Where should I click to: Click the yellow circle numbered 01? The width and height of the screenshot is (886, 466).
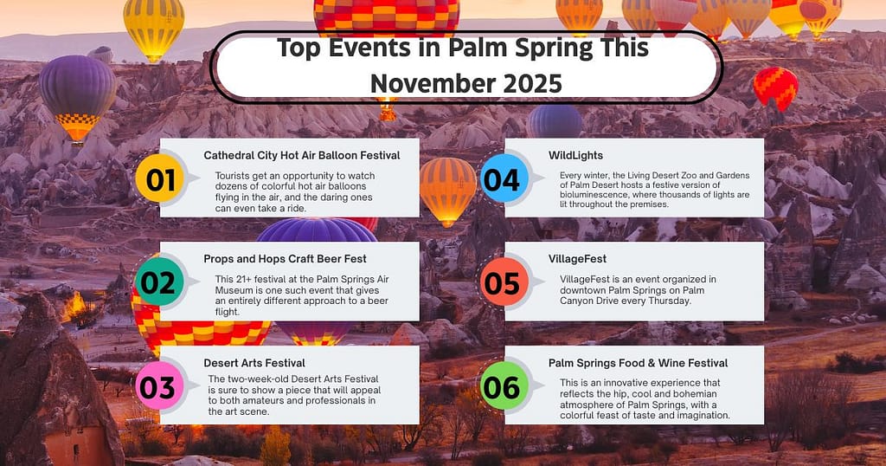coord(160,180)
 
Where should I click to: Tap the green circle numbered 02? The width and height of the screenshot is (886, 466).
coord(160,283)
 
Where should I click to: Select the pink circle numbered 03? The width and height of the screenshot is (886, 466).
coord(157,387)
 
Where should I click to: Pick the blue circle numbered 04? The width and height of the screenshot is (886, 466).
coord(502,180)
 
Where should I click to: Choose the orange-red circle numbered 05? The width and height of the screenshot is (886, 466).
coord(502,283)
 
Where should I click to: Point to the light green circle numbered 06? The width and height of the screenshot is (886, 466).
coord(502,387)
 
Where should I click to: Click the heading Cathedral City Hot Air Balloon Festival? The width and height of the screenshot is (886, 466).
coord(301,155)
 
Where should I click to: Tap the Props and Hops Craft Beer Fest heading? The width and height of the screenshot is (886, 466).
coord(285,258)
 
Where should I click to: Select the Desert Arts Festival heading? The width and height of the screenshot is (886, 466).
coord(254,362)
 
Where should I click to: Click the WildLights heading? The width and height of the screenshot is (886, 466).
coord(575,155)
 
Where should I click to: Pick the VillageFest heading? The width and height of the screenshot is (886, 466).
coord(577,258)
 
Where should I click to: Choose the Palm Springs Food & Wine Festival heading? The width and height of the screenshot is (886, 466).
coord(638,362)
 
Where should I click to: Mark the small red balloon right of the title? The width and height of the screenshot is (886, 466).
coord(774,87)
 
